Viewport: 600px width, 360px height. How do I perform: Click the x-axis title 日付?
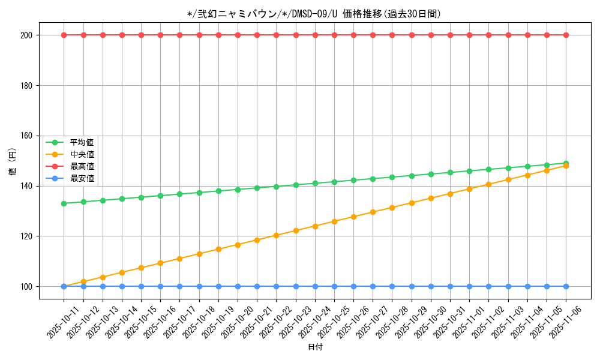315,347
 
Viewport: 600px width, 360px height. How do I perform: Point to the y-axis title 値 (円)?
13,162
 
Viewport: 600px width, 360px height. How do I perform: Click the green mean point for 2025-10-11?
64,203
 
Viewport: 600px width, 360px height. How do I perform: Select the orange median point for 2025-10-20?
238,245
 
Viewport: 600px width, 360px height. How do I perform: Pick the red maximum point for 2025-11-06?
566,35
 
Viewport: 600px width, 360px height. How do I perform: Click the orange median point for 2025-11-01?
469,189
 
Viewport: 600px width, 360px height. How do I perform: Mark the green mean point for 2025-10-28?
392,177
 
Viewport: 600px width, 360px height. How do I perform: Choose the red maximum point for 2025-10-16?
160,35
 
